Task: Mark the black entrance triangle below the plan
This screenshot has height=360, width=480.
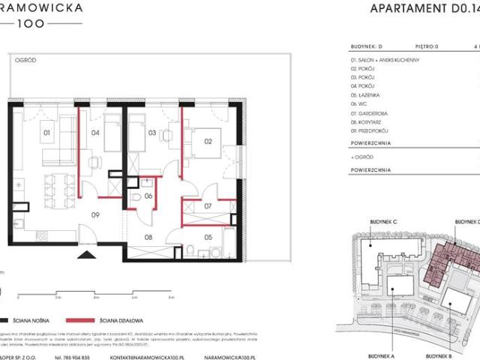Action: click(x=87, y=256)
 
